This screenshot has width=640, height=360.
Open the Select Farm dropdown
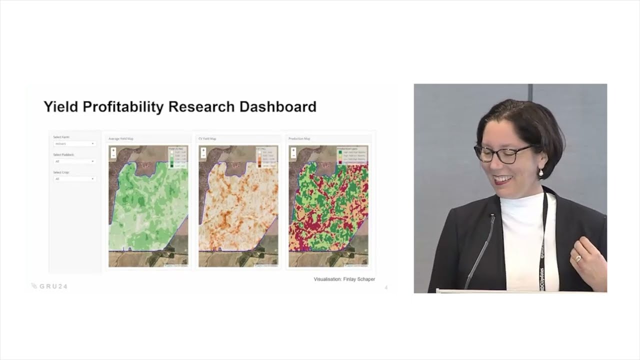(74, 144)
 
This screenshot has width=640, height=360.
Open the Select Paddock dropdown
(74, 161)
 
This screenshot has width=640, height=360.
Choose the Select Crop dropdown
(74, 179)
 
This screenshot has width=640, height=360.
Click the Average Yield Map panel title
(121, 138)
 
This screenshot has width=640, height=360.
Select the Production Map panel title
(299, 138)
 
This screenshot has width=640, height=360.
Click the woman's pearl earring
(540, 173)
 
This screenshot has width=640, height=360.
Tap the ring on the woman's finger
(578, 258)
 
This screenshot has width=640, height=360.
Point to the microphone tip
(492, 217)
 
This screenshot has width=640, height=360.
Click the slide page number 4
(386, 287)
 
